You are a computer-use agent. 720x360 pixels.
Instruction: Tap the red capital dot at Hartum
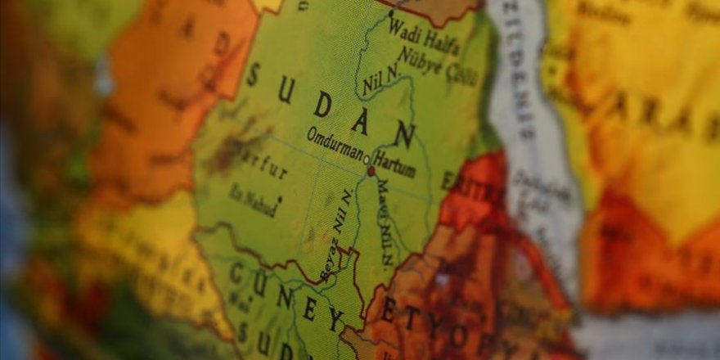(x=371, y=172)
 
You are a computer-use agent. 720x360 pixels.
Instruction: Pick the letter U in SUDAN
(x=286, y=90)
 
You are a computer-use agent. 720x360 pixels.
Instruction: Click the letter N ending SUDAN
(x=403, y=134)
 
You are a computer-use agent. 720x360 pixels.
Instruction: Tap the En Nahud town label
(x=253, y=200)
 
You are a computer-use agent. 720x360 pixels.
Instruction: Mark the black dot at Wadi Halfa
(x=390, y=14)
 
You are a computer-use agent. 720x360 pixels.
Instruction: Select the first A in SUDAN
(x=360, y=120)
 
